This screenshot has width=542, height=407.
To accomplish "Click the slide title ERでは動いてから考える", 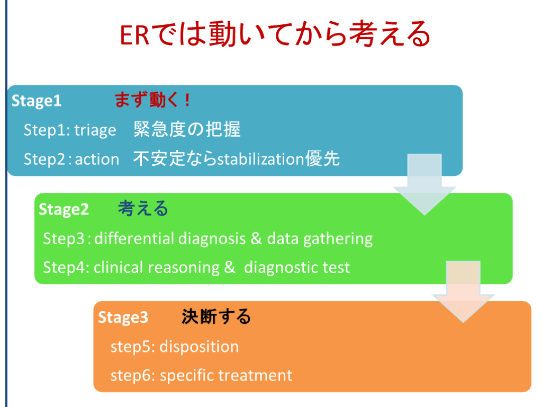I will pyautogui.click(x=275, y=34).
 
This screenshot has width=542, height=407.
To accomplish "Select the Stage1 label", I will pyautogui.click(x=37, y=101).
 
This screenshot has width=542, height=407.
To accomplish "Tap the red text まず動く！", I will pyautogui.click(x=152, y=100).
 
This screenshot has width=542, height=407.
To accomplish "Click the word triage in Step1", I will pyautogui.click(x=95, y=130).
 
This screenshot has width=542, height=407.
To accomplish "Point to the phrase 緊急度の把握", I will pyautogui.click(x=187, y=129).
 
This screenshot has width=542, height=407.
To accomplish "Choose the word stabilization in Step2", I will pyautogui.click(x=261, y=159).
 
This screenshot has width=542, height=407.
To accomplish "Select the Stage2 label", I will pyautogui.click(x=64, y=209).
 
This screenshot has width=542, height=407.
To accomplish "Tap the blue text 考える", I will pyautogui.click(x=143, y=209).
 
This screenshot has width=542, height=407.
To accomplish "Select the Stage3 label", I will pyautogui.click(x=123, y=317).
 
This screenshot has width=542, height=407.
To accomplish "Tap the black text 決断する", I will pyautogui.click(x=216, y=317).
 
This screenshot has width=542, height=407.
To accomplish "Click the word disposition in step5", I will pyautogui.click(x=199, y=347).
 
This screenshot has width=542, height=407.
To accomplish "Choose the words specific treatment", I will pyautogui.click(x=225, y=376).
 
